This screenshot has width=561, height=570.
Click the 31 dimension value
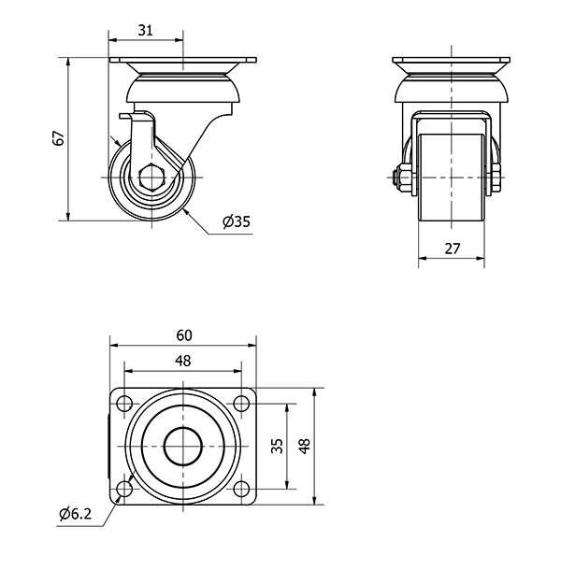(146, 30)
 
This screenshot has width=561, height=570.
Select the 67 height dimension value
(59, 138)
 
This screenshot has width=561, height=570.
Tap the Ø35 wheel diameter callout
(237, 221)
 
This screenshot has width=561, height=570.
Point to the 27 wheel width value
(453, 249)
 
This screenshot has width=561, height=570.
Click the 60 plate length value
(184, 335)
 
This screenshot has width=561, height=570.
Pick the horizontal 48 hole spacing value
(182, 361)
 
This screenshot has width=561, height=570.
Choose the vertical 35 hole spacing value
(277, 446)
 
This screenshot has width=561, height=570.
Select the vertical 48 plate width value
(305, 446)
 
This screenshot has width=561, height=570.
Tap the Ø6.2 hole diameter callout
(76, 514)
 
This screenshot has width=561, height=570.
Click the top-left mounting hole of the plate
(124, 404)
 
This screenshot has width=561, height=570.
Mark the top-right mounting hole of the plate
(241, 404)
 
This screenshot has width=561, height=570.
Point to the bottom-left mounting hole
(124, 489)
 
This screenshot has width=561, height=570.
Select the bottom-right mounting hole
(241, 489)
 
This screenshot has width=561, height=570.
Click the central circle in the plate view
(182, 447)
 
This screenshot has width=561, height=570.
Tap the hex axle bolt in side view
(152, 178)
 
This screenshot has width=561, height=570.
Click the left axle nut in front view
(403, 178)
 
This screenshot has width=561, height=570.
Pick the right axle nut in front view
(496, 178)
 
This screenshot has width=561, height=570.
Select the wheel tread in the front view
(452, 178)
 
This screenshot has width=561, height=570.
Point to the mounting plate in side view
(182, 60)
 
